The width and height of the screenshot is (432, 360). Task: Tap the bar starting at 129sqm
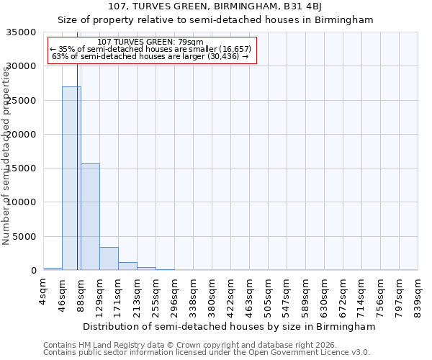point(109,258)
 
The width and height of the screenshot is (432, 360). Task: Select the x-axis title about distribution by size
point(230,327)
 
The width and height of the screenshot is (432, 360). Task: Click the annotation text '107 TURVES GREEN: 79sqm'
point(150,42)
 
